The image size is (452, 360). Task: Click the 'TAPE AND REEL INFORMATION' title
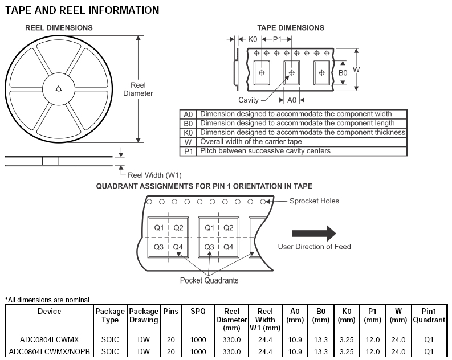coord(82,10)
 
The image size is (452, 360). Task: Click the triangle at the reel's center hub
coord(59,88)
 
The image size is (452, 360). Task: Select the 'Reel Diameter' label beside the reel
coord(138,89)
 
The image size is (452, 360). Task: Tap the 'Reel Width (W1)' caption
coord(154,175)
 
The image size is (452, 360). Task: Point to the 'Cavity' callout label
coord(249,100)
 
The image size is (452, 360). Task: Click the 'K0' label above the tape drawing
coord(253,39)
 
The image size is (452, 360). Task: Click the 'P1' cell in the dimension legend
coord(188,151)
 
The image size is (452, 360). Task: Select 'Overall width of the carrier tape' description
coord(251,142)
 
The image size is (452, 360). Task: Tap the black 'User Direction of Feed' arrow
coord(313,233)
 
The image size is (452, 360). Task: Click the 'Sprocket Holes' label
coord(313,201)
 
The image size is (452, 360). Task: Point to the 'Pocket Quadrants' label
coord(209,280)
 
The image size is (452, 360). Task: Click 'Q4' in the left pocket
coord(178,247)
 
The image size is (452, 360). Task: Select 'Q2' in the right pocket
coord(228,228)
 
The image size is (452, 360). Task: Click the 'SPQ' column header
coord(198,312)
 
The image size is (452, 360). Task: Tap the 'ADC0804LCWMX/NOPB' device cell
coord(49,351)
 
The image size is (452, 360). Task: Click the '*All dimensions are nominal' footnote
coord(47,300)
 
